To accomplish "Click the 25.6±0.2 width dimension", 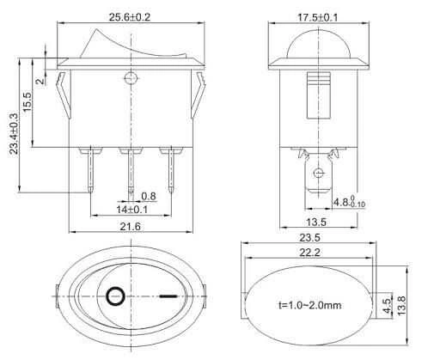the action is click(130, 17).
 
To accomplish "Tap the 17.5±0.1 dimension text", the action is click(318, 17).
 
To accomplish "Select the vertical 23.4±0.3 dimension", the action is click(14, 134).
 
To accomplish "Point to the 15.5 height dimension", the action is click(27, 102).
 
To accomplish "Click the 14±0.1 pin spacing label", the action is click(131, 210).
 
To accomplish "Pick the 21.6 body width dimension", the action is click(131, 227).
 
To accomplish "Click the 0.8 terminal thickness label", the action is click(149, 196).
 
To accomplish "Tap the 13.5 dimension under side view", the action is click(316, 222).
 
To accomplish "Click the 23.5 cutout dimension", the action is click(309, 238).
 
